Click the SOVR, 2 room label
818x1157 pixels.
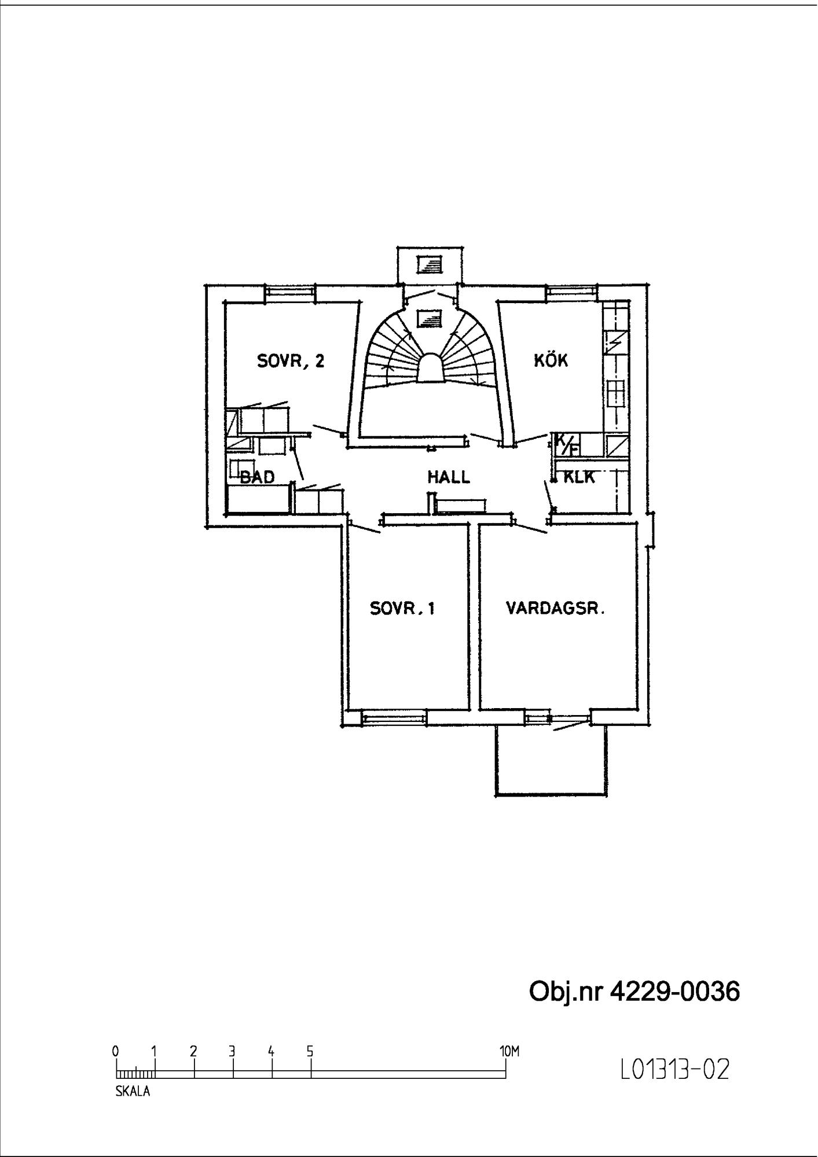pyautogui.click(x=291, y=362)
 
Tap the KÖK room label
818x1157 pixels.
pyautogui.click(x=551, y=360)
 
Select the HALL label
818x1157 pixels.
pyautogui.click(x=449, y=477)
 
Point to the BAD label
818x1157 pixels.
pyautogui.click(x=257, y=477)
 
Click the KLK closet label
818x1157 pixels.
pyautogui.click(x=579, y=477)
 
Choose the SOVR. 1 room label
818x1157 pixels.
pyautogui.click(x=402, y=609)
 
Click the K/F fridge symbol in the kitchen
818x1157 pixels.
pyautogui.click(x=566, y=445)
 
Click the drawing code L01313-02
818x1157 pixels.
pyautogui.click(x=675, y=1070)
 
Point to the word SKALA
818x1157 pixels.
pyautogui.click(x=133, y=1092)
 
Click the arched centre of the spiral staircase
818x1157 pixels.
pyautogui.click(x=430, y=369)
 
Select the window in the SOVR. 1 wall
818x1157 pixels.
pyautogui.click(x=394, y=718)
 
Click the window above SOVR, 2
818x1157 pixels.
pyautogui.click(x=290, y=293)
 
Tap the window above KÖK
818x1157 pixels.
pyautogui.click(x=571, y=293)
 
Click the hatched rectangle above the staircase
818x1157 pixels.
pyautogui.click(x=430, y=265)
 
